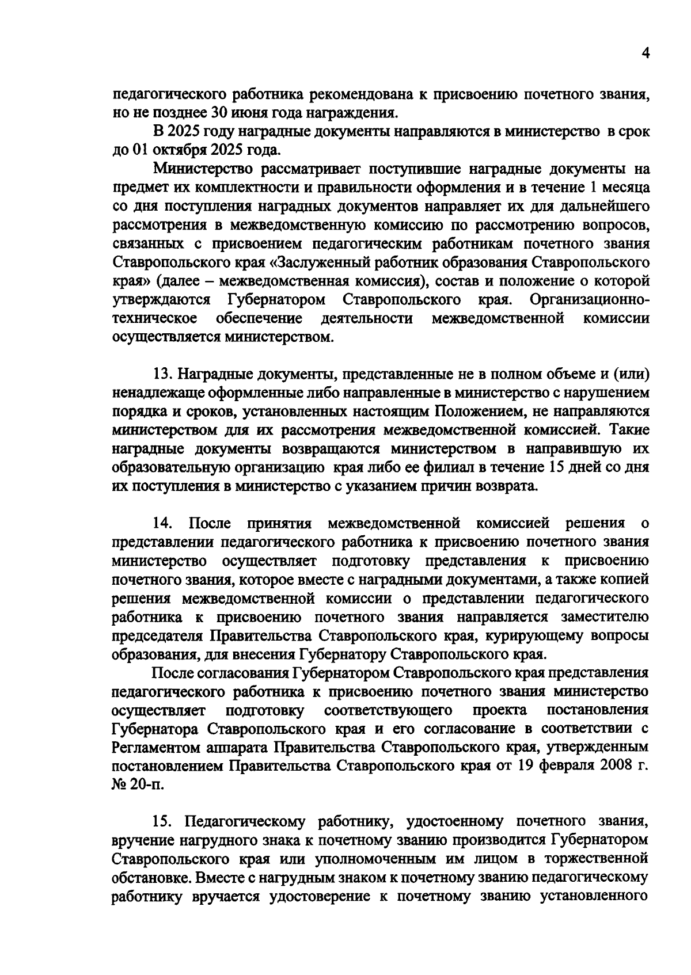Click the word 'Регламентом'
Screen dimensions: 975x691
pos(151,748)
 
